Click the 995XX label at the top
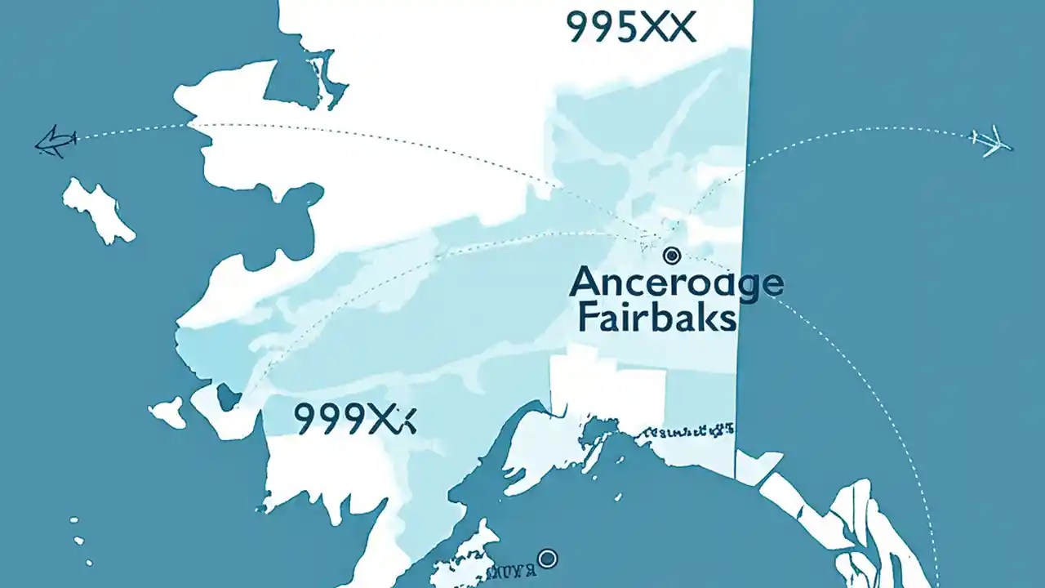630,27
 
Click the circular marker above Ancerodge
671,256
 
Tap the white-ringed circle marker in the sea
549,559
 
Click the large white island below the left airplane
98,208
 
